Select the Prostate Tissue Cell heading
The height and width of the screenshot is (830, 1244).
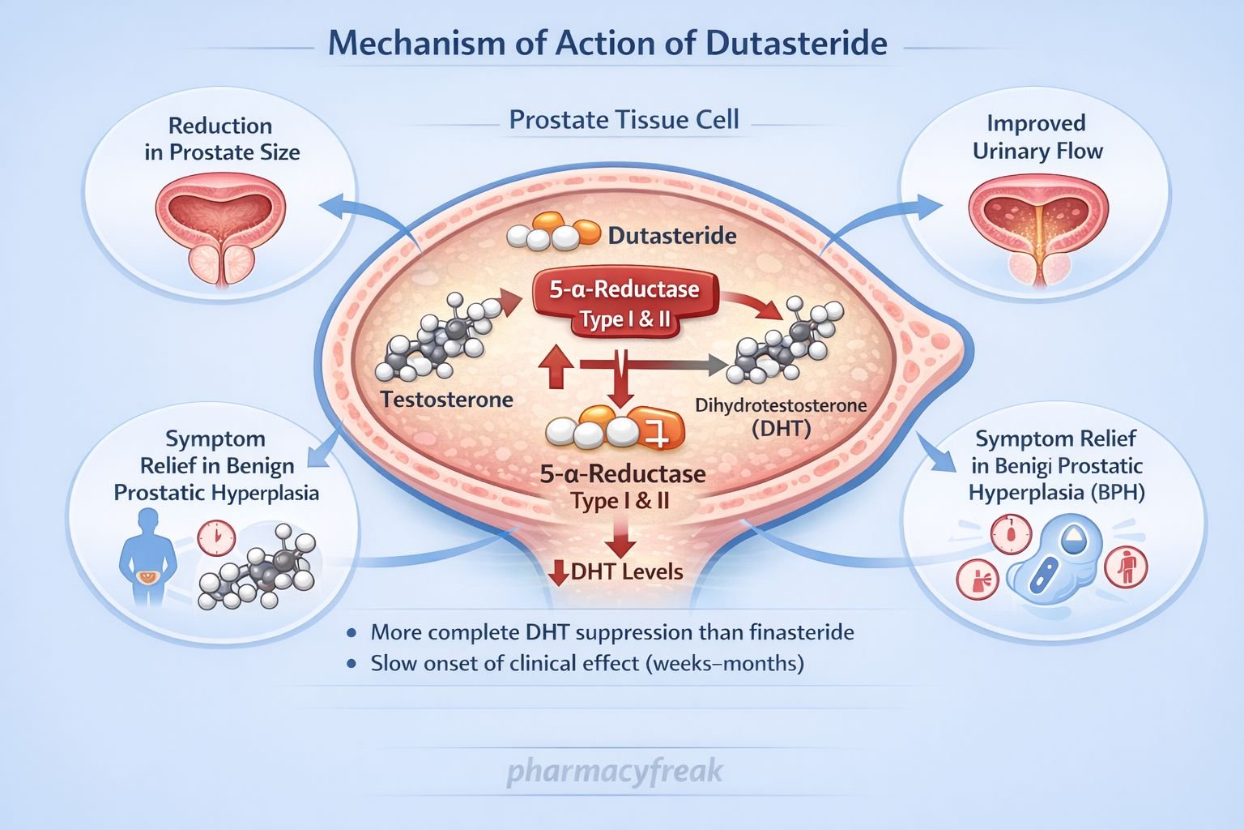point(624,120)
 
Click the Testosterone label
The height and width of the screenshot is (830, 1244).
point(446,400)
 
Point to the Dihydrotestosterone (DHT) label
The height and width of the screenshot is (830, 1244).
point(781,416)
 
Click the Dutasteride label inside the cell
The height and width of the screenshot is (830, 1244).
point(671,236)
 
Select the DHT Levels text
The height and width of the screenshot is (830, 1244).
point(626,571)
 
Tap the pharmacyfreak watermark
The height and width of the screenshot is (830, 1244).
point(615,771)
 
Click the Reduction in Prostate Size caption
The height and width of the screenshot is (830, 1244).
point(221,139)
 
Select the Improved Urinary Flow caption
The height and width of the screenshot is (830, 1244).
point(1037,137)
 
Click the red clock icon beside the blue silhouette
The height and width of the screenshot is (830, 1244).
point(216,538)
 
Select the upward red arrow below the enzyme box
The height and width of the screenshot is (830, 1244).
point(556,369)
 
